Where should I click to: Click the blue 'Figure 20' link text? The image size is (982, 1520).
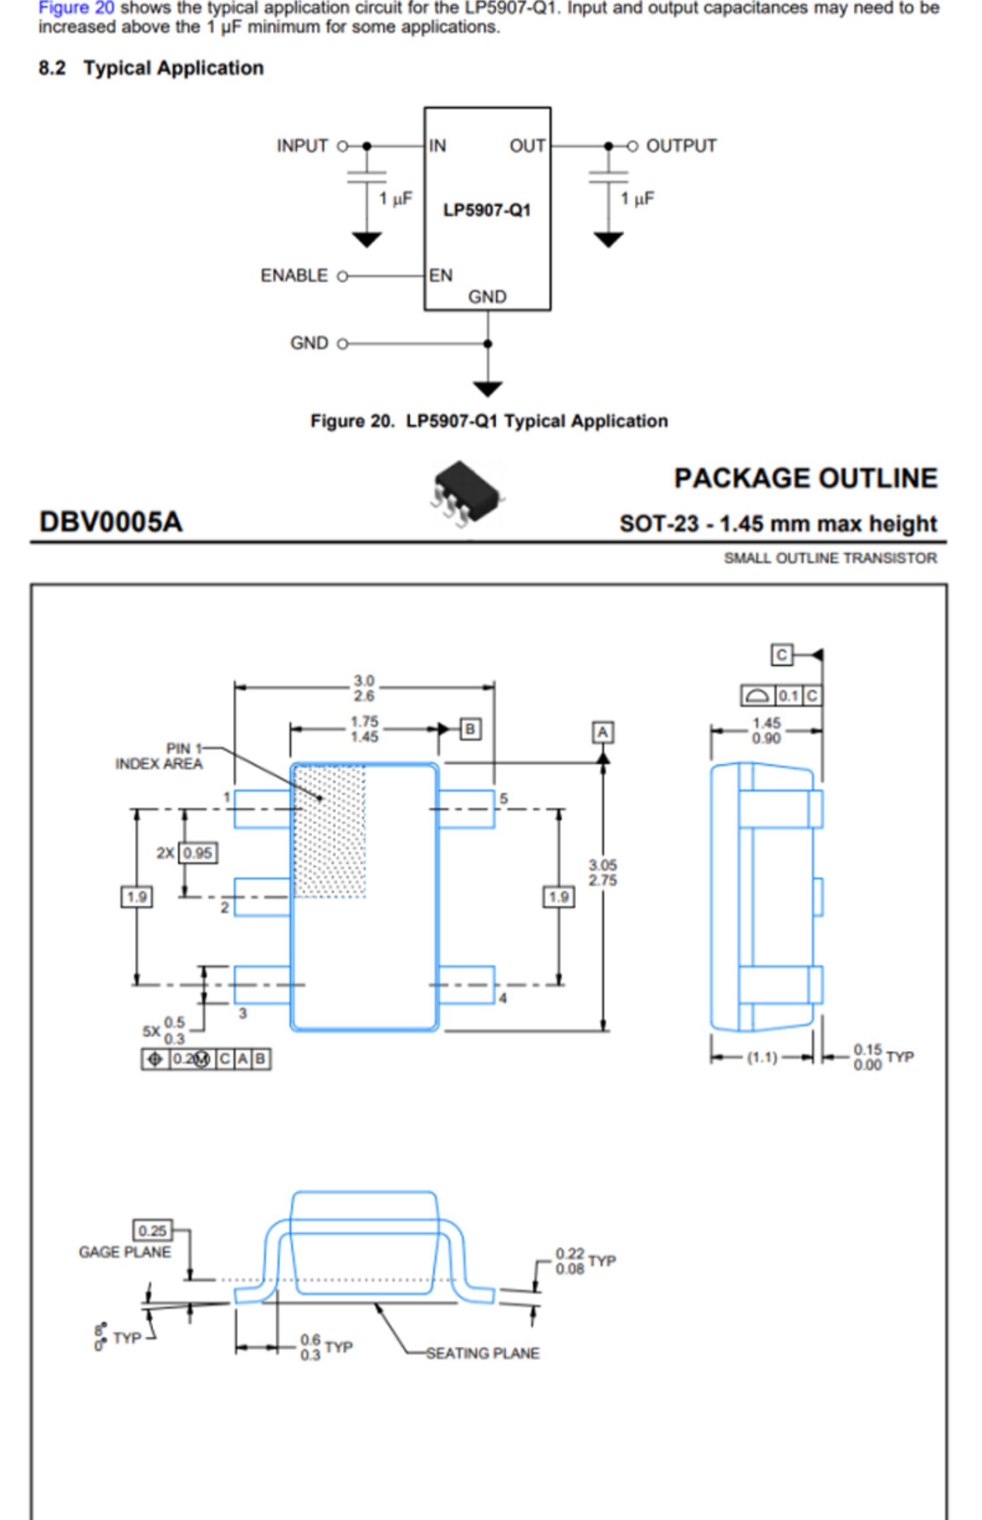click(x=76, y=9)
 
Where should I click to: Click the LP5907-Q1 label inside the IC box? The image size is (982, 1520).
click(x=486, y=210)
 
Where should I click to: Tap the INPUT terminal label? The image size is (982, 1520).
click(x=302, y=145)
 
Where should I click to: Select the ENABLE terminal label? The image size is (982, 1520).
click(x=294, y=276)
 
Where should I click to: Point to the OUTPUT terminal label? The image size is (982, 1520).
click(x=681, y=145)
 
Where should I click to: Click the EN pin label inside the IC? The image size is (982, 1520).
click(x=441, y=276)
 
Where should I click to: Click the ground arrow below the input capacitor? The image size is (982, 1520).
click(x=367, y=240)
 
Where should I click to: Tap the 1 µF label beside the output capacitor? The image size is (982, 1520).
click(x=637, y=198)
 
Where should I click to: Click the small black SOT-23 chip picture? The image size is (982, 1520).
click(x=467, y=492)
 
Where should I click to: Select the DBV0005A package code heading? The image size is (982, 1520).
click(x=111, y=522)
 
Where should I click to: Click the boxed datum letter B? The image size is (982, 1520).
click(x=470, y=729)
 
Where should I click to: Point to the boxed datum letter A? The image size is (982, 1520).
click(x=603, y=732)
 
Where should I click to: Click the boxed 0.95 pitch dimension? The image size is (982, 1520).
click(x=198, y=853)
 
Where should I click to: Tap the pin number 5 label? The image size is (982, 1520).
click(x=503, y=799)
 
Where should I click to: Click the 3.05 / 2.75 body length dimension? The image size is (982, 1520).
click(x=602, y=873)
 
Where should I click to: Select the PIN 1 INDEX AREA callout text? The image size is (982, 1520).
click(x=159, y=756)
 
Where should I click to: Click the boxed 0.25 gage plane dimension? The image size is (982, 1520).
click(x=152, y=1231)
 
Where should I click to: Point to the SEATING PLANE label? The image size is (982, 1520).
click(x=482, y=1353)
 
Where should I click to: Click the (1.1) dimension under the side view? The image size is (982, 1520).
click(x=762, y=1057)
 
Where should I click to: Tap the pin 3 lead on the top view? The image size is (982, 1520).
click(x=262, y=985)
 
